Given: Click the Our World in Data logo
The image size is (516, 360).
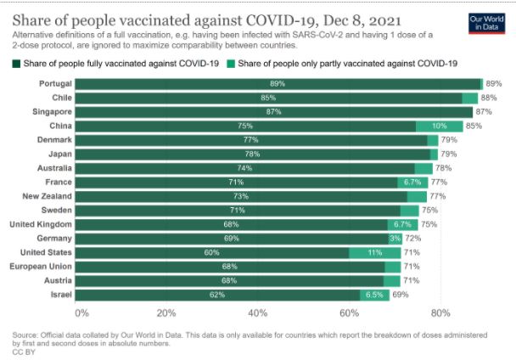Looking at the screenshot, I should [485, 22].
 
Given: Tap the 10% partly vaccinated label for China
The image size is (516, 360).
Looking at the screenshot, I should [440, 126].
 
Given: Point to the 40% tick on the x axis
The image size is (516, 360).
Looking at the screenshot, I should [257, 312].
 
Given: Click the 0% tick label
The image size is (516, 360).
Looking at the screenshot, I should [82, 312].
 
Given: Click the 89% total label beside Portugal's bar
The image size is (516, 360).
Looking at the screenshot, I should [494, 84].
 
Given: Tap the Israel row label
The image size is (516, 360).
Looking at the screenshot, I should [59, 295].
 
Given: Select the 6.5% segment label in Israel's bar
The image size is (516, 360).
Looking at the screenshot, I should [374, 295].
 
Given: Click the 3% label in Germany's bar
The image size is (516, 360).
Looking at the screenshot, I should [395, 239].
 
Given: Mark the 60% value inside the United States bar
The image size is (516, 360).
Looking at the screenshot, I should [212, 252].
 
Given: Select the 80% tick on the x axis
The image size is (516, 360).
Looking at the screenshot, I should [440, 312].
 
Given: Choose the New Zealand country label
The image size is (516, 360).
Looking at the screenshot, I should [47, 196].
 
